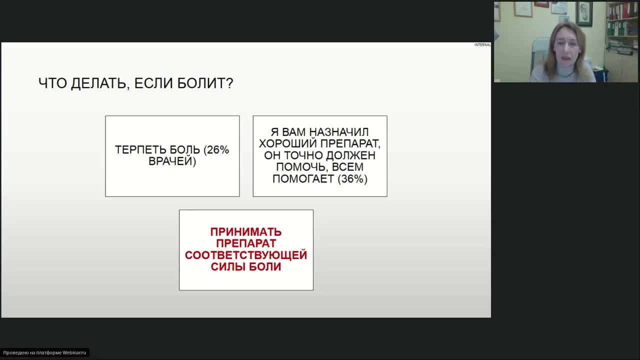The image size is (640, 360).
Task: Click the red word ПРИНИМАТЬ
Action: [246, 232]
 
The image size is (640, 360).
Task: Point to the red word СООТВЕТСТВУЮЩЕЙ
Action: [246, 255]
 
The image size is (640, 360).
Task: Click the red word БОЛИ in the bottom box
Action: [265, 266]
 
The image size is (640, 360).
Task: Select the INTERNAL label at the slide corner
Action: [482, 45]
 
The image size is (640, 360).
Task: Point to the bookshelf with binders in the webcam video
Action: [621, 27]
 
